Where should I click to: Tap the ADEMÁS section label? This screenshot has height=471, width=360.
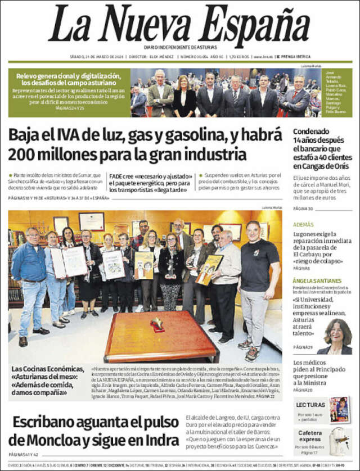tap(304, 224)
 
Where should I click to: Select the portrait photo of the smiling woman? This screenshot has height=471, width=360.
tap(336, 336)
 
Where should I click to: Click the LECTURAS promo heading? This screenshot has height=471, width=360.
tap(310, 405)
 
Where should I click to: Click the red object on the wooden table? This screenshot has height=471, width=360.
tap(157, 324)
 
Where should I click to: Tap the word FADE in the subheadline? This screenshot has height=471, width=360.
tap(115, 175)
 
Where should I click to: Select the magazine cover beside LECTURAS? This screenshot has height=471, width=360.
tap(339, 409)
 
